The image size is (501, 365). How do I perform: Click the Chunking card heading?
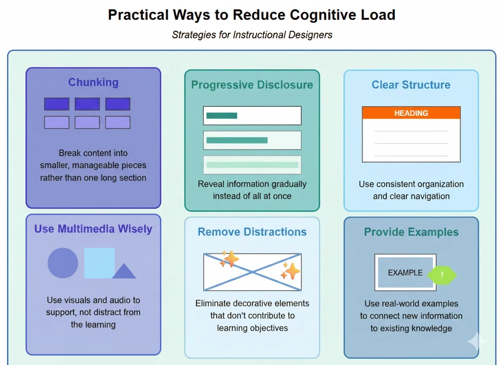(93, 82)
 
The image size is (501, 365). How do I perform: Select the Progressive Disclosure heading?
(252, 84)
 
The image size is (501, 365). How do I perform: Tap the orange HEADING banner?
(411, 113)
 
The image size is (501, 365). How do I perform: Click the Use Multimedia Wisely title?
(93, 229)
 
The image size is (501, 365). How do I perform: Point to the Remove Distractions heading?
(252, 232)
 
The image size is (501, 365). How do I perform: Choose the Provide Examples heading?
(411, 232)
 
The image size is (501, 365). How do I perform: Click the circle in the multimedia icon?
(63, 263)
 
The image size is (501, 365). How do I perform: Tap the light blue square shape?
(99, 263)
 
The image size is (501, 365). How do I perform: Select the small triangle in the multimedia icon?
(124, 272)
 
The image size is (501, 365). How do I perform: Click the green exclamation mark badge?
(442, 275)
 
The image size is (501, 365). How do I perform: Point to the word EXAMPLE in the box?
(405, 273)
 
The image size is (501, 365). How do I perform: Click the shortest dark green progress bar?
(222, 115)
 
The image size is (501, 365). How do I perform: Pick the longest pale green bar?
(252, 165)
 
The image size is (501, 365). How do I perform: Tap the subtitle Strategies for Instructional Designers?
(252, 35)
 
